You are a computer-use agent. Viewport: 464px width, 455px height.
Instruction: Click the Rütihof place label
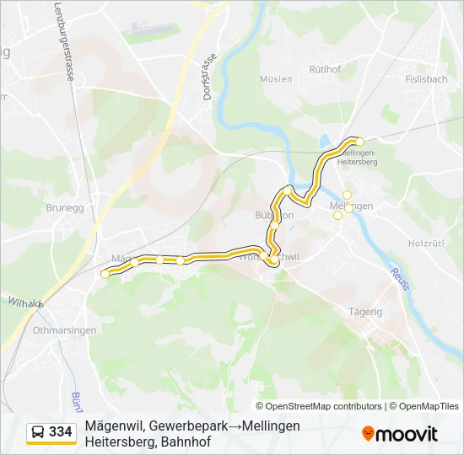(x=325, y=69)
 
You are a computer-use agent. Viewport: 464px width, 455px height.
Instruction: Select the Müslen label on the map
(x=277, y=79)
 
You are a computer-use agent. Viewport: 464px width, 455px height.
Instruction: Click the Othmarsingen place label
(x=64, y=330)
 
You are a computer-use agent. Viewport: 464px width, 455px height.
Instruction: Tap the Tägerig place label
(x=365, y=311)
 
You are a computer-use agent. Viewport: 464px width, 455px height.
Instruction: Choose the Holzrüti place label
(x=425, y=243)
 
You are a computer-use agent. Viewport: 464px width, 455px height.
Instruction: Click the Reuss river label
(x=399, y=279)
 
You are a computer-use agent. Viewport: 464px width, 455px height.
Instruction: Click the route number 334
(x=61, y=432)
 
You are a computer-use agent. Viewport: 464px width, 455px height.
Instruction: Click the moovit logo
(x=400, y=434)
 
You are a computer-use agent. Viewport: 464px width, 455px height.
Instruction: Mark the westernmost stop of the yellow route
(x=105, y=274)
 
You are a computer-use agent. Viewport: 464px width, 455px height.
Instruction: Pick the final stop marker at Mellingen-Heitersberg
(x=359, y=142)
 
